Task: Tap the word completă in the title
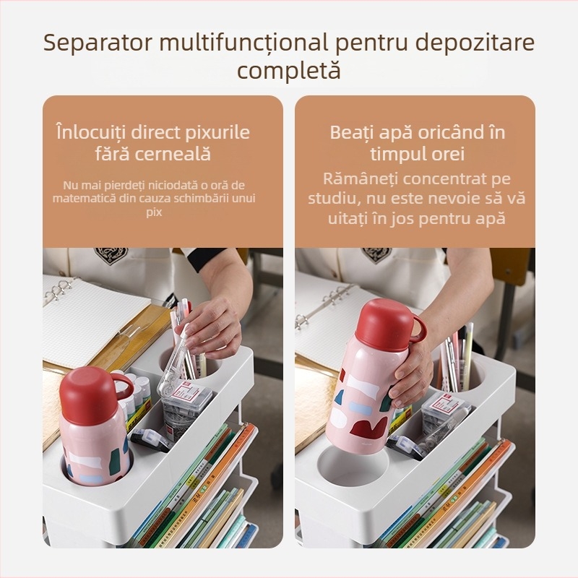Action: [x=289, y=71]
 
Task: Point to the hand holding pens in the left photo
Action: [x=210, y=325]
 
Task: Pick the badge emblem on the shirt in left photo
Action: [x=111, y=255]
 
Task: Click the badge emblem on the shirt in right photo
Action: [x=376, y=254]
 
